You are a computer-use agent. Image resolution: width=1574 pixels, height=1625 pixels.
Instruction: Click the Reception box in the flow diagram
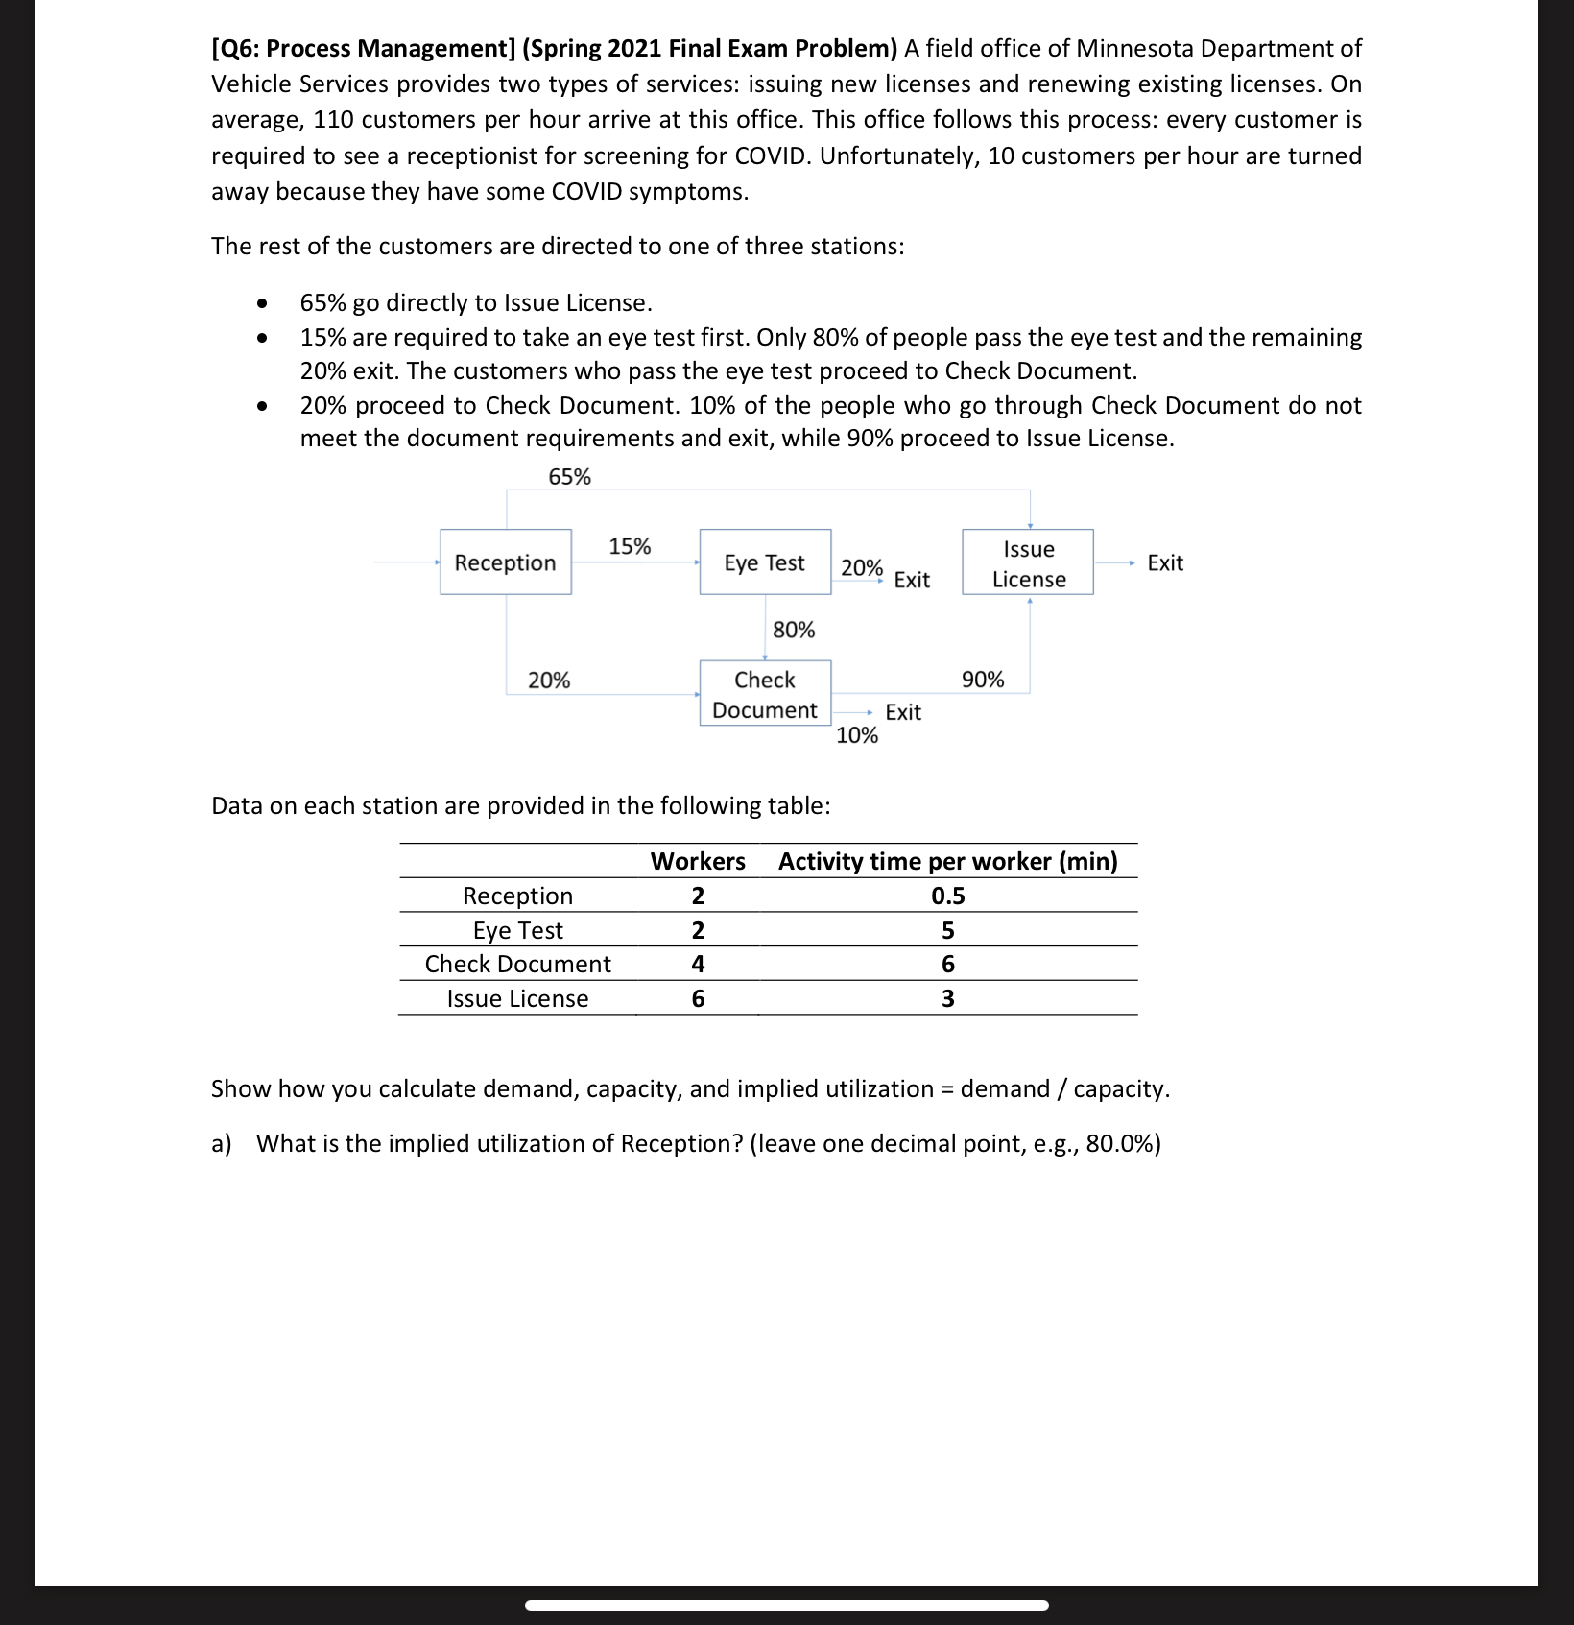(x=505, y=562)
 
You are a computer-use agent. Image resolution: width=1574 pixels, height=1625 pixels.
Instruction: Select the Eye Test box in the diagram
(x=764, y=562)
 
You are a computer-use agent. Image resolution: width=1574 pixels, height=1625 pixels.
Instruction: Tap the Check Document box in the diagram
(x=764, y=694)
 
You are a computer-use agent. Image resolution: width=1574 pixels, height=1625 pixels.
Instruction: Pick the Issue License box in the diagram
(x=1028, y=563)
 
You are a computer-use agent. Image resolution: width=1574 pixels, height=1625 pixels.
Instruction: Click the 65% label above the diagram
(x=569, y=477)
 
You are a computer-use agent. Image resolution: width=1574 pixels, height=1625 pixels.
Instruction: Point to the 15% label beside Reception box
(x=630, y=546)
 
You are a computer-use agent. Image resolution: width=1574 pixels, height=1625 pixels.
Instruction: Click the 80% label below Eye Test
(x=794, y=630)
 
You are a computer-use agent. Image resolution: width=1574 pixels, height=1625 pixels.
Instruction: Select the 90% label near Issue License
(x=983, y=680)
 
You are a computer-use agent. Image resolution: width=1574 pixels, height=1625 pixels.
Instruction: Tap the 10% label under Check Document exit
(x=857, y=735)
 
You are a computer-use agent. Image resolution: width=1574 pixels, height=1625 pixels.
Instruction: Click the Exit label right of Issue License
(x=1165, y=563)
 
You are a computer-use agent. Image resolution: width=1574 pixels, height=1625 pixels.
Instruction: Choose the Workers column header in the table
(x=698, y=861)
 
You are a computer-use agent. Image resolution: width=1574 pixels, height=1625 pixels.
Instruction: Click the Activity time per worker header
(x=947, y=861)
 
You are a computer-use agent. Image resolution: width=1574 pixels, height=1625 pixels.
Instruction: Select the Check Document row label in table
(x=517, y=964)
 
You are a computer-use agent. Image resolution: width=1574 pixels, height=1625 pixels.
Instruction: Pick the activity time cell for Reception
(x=947, y=896)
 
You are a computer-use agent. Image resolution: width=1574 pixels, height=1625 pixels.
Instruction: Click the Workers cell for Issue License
(x=698, y=998)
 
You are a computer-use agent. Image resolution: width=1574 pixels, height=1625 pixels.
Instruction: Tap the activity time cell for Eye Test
(x=947, y=930)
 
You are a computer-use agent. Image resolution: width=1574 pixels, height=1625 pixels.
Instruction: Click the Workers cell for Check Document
(x=698, y=964)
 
